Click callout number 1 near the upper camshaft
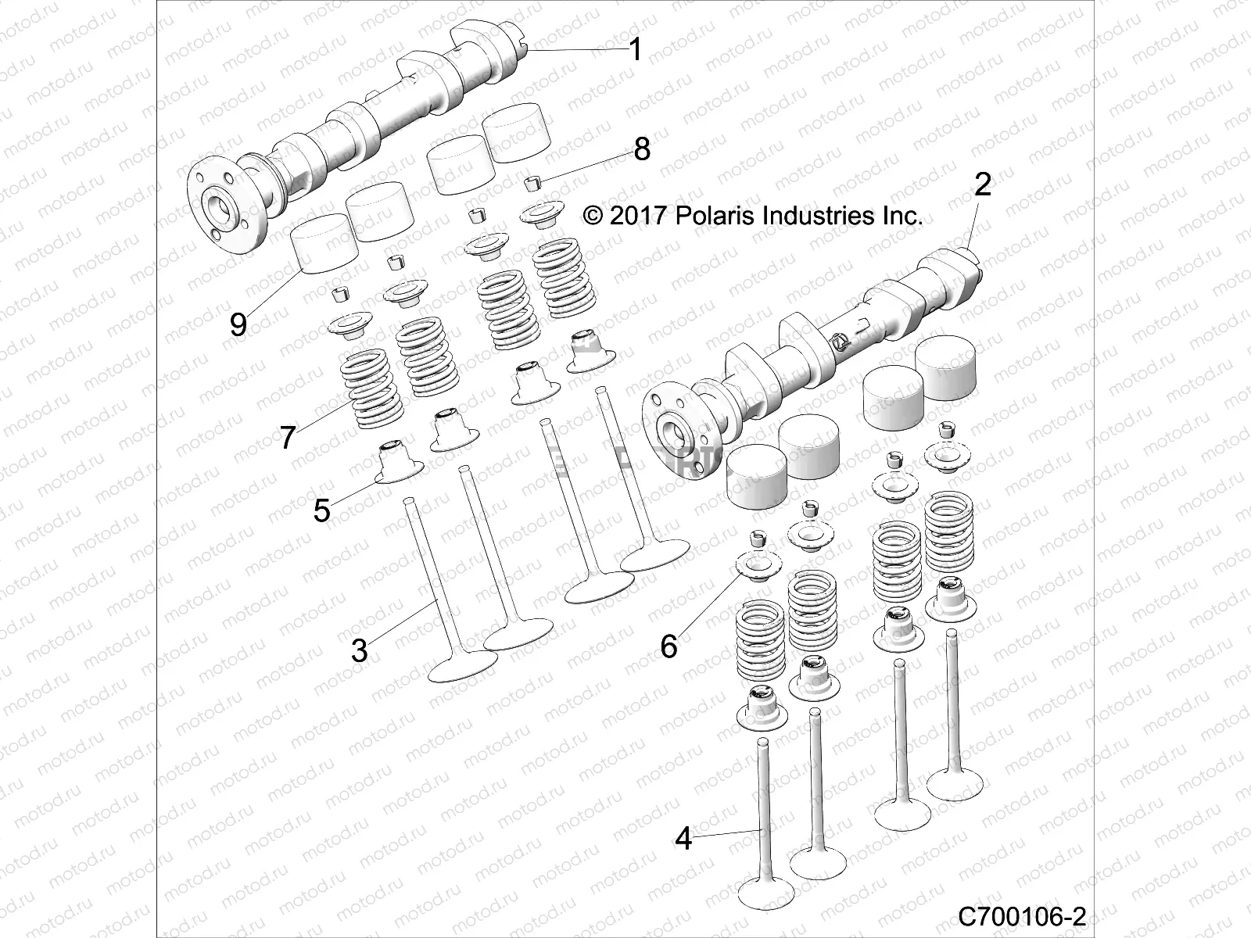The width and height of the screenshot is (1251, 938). coord(635,50)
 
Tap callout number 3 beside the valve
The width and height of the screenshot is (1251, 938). coord(359,650)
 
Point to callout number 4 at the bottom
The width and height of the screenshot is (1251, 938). coord(683,840)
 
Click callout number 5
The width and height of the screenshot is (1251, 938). coord(321,510)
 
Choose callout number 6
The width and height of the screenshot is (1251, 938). coord(669,646)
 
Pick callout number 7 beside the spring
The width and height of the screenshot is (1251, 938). coord(288,437)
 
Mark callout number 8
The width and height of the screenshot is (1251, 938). coord(641,149)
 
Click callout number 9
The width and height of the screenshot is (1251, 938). coord(238,324)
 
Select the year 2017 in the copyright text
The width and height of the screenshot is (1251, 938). coord(635,216)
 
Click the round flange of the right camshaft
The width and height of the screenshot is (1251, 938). coord(674,428)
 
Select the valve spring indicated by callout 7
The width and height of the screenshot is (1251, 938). coord(371,391)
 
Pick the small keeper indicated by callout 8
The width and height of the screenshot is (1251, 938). coord(554,184)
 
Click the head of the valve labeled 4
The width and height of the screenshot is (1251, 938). coord(766,891)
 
